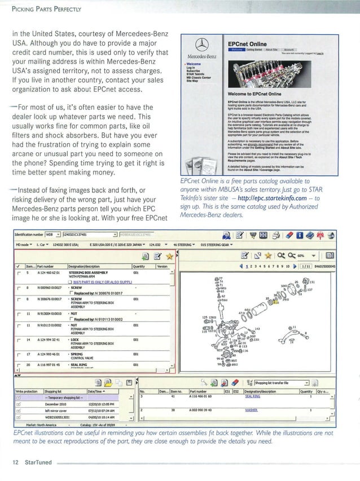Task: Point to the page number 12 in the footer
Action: tap(15, 461)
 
